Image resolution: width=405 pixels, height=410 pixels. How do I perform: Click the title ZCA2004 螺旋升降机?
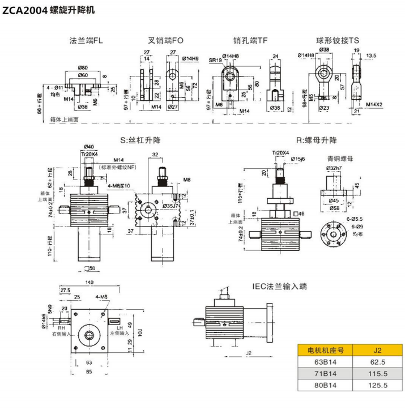(49, 11)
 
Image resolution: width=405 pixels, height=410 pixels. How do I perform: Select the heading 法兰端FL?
(86, 41)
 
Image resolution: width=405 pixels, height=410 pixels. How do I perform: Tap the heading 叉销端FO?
(165, 41)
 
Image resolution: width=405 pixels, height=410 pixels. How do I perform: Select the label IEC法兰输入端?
(279, 287)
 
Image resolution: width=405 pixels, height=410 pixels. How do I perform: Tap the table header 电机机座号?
(325, 349)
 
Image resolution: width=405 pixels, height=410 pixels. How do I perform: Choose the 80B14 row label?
(325, 386)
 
